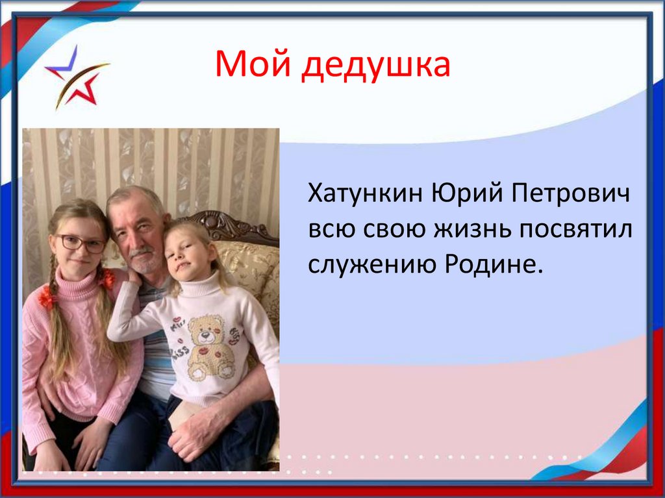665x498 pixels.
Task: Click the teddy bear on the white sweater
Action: click(x=209, y=347)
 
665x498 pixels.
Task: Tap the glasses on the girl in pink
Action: click(x=81, y=243)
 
